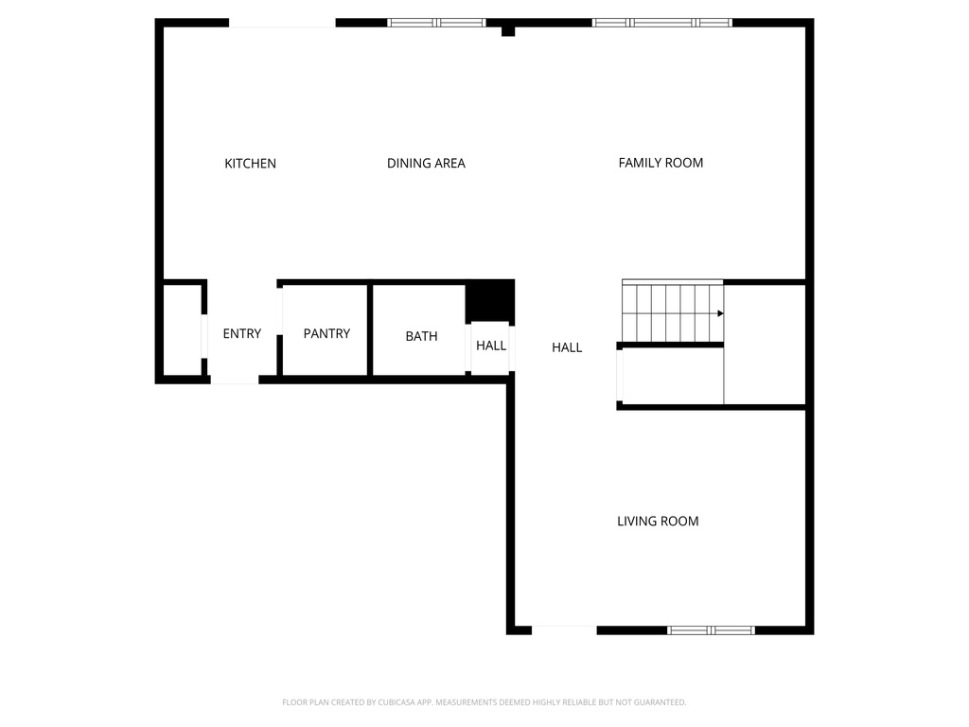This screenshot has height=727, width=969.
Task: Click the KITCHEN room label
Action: pyautogui.click(x=250, y=164)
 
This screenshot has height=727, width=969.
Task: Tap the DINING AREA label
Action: pyautogui.click(x=426, y=164)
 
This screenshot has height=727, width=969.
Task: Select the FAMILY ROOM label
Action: pyautogui.click(x=661, y=163)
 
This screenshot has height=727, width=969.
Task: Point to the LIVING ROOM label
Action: pyautogui.click(x=658, y=522)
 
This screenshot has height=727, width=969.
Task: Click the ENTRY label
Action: pyautogui.click(x=241, y=334)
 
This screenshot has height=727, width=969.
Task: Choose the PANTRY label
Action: pyautogui.click(x=326, y=334)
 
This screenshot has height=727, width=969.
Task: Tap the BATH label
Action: pyautogui.click(x=421, y=336)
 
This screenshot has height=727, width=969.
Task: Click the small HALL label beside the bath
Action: pyautogui.click(x=491, y=346)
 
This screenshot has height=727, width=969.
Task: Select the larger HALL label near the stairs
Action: pyautogui.click(x=567, y=347)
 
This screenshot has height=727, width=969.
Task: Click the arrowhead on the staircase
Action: pyautogui.click(x=720, y=313)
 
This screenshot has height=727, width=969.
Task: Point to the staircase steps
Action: pyautogui.click(x=667, y=311)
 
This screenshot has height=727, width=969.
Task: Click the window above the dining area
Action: pyautogui.click(x=436, y=23)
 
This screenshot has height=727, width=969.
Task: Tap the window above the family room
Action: pyautogui.click(x=661, y=23)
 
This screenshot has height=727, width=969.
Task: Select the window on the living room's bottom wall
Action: pyautogui.click(x=711, y=629)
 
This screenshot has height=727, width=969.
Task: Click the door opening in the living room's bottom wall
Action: pyautogui.click(x=564, y=629)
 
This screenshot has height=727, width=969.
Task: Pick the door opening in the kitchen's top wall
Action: pyautogui.click(x=282, y=23)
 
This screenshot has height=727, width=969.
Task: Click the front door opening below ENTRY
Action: pyautogui.click(x=234, y=380)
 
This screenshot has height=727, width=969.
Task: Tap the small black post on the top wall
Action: pyautogui.click(x=508, y=31)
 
